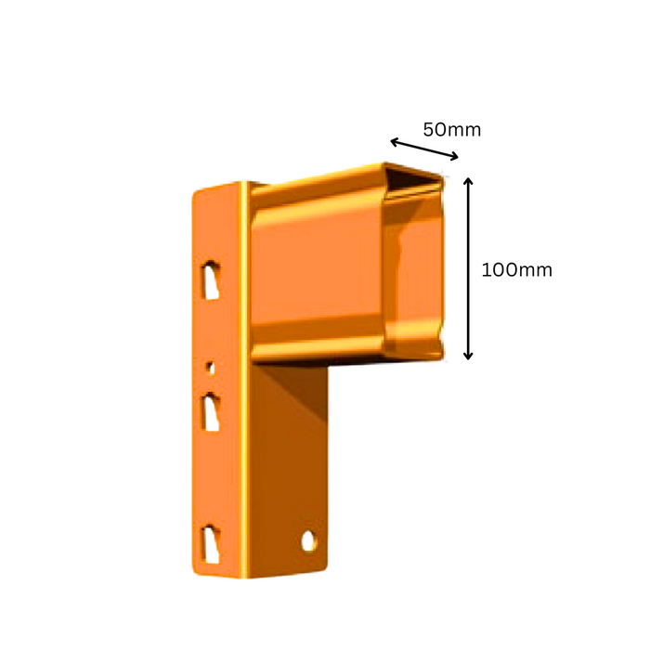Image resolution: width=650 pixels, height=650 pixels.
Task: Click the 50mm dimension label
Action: click(452, 130)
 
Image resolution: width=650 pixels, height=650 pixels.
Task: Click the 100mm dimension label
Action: click(516, 270)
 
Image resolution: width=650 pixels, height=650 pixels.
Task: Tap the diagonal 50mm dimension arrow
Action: click(424, 149)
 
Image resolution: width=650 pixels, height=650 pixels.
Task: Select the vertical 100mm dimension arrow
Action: click(468, 268)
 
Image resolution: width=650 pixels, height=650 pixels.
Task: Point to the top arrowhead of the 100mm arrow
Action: click(468, 180)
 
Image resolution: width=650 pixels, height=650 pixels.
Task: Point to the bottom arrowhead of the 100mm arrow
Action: click(468, 357)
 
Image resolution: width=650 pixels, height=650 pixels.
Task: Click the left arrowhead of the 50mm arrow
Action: click(394, 142)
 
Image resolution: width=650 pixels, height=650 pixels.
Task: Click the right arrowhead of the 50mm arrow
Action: click(455, 156)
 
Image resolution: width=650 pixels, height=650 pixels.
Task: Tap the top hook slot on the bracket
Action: click(210, 279)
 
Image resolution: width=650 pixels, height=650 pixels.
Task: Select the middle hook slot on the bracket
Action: click(210, 412)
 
